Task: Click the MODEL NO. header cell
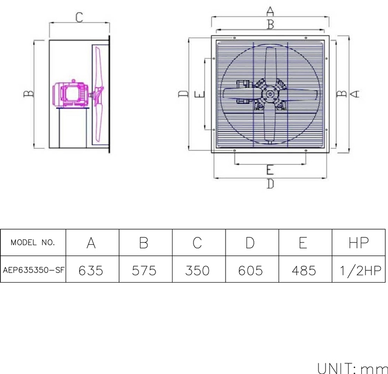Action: pos(33,243)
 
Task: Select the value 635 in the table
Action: pos(91,270)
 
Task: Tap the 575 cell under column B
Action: pos(144,270)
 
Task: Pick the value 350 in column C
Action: pos(197,270)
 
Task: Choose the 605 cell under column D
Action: pos(251,270)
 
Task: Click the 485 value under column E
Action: pos(304,270)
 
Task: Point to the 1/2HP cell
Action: pos(361,270)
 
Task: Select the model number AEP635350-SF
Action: pos(34,270)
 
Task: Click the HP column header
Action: pos(359,243)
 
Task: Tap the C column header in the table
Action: pos(197,243)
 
